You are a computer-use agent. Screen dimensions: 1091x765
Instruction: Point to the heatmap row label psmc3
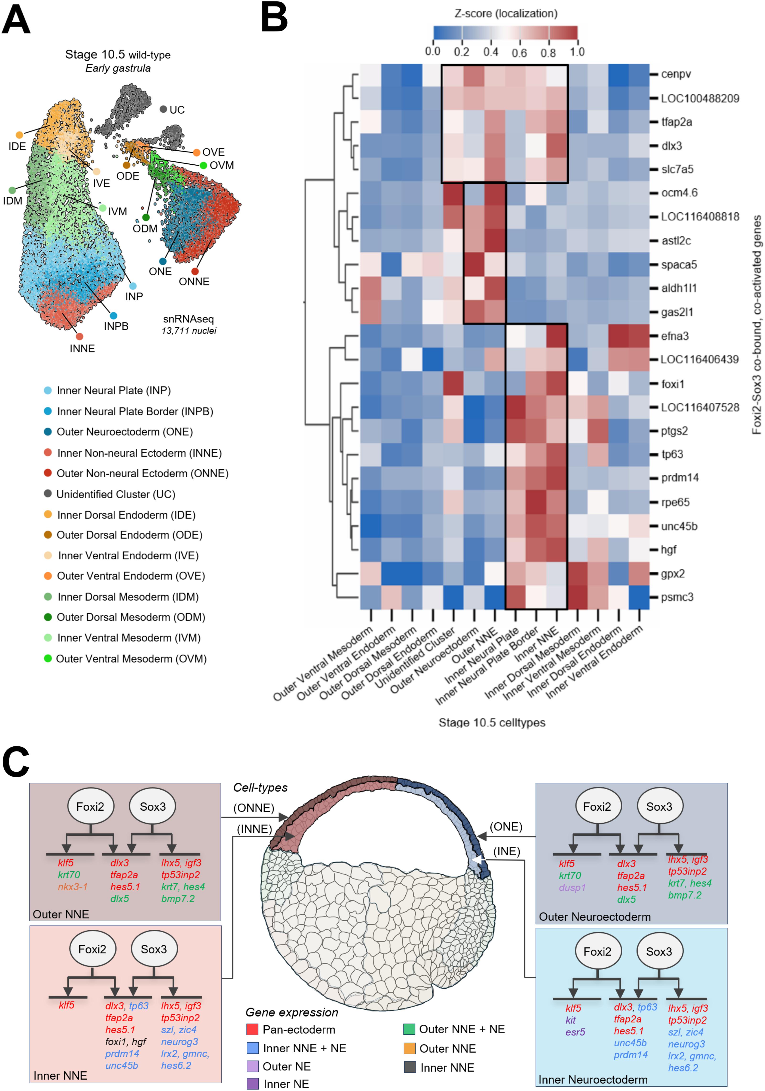(677, 597)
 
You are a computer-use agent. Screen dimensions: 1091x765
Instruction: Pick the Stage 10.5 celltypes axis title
(492, 723)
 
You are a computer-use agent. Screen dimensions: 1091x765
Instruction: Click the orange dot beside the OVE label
(196, 152)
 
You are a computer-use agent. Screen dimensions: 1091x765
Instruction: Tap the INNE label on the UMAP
(82, 349)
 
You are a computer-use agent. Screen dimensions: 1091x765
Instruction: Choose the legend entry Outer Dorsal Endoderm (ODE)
(129, 535)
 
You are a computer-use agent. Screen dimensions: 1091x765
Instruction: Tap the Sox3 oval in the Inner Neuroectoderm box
(659, 952)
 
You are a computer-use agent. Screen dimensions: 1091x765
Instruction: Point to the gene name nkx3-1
(73, 887)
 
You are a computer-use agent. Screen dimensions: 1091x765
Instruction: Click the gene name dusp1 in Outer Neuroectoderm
(572, 888)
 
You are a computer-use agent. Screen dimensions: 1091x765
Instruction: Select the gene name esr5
(575, 1032)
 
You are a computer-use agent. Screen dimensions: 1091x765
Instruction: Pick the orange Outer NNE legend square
(409, 1048)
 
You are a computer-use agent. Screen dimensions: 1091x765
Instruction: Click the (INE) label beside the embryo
(507, 851)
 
